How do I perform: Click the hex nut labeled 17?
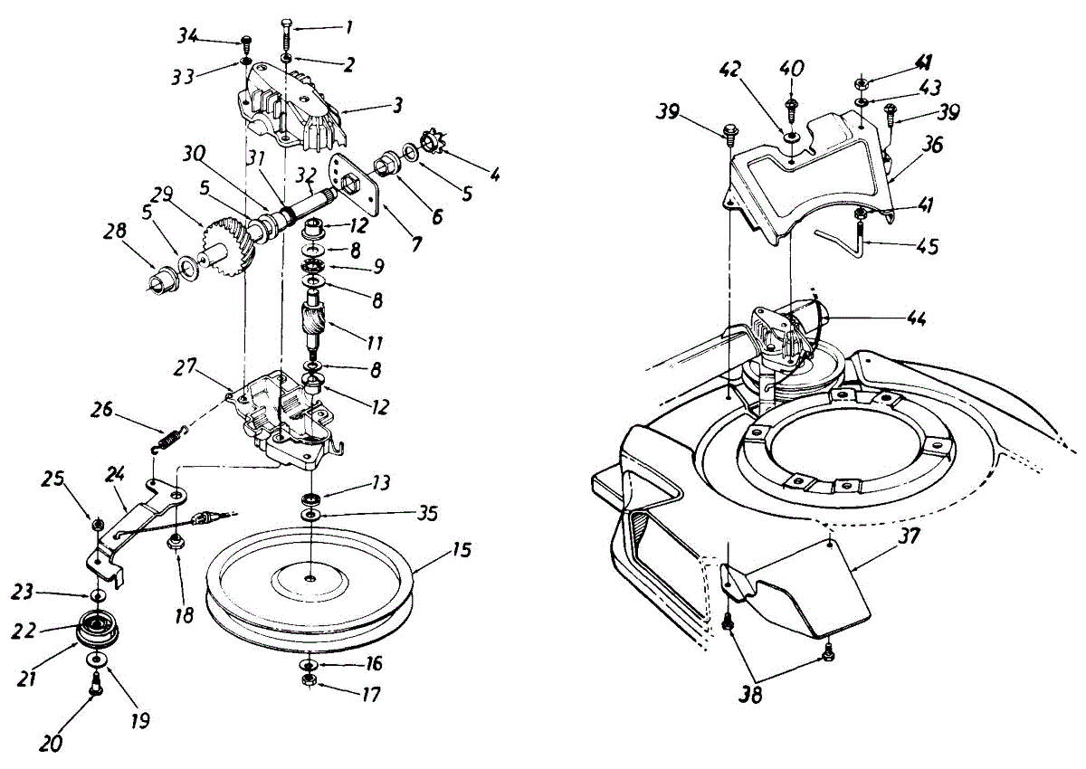pyautogui.click(x=310, y=679)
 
